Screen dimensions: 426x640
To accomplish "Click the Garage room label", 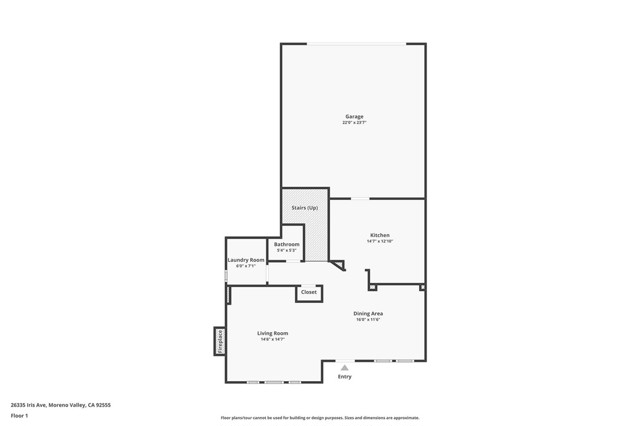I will [354, 116].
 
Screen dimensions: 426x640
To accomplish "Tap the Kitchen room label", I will [378, 235].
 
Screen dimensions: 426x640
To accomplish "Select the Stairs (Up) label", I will [305, 207].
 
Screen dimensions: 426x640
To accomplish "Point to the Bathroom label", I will [287, 244].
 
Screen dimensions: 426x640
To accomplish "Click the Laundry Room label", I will [246, 260].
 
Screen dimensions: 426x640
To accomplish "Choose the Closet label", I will [309, 292].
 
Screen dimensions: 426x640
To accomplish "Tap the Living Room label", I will [272, 333].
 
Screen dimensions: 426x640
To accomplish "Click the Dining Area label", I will [368, 313].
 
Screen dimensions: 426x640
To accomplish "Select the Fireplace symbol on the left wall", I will [219, 341].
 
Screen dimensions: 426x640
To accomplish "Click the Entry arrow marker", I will [345, 368].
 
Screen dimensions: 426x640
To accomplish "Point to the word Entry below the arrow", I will [345, 377].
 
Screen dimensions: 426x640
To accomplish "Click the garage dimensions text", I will [354, 122].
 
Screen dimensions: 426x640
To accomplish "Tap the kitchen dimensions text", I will [379, 241].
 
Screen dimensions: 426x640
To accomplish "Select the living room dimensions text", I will [272, 339].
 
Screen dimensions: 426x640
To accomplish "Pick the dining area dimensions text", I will [369, 319].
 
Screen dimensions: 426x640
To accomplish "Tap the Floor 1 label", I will [19, 415].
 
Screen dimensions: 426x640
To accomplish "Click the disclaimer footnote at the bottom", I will [320, 418].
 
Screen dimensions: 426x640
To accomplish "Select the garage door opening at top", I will [356, 43].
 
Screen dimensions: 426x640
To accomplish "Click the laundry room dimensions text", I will [246, 266].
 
